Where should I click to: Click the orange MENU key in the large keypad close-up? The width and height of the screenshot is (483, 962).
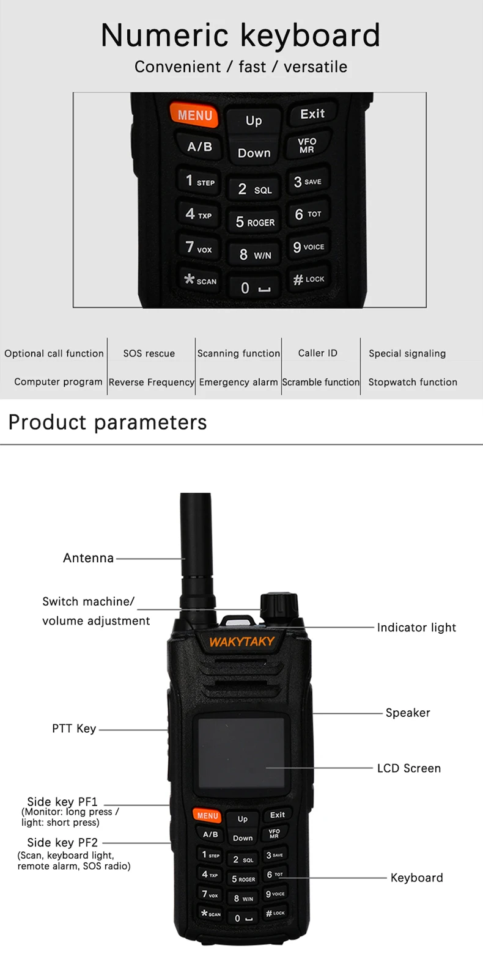coord(194,115)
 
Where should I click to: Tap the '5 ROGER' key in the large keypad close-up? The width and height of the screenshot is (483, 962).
coord(255,222)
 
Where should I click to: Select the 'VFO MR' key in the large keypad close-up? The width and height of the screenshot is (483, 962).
coord(308,145)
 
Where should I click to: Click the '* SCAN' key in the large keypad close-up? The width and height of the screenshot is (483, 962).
coord(201,280)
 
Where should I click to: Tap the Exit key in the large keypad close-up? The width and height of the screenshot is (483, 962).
coord(312,114)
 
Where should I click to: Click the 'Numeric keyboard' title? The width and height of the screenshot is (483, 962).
coord(241,35)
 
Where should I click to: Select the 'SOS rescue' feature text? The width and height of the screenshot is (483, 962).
coord(149,353)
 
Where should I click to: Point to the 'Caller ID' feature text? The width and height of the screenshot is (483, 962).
coord(317,353)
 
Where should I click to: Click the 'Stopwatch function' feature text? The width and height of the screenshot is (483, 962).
coord(413,382)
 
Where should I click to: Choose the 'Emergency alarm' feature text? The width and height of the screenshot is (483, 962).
coord(238,382)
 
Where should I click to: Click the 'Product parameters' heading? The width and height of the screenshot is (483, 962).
coord(108,422)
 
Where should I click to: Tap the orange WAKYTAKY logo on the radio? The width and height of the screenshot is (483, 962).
coord(242,642)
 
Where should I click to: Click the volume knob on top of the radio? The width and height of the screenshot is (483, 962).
coord(279,606)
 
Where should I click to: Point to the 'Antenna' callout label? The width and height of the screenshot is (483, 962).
coord(89,558)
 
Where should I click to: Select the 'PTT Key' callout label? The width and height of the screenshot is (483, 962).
coord(74,729)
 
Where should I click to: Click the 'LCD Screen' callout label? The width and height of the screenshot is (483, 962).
coord(409,768)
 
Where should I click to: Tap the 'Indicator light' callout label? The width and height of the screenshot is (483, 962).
coord(416,628)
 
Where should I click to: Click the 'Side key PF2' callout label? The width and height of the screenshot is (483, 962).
coord(62,843)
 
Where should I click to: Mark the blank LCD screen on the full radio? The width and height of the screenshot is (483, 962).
coord(241,753)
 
